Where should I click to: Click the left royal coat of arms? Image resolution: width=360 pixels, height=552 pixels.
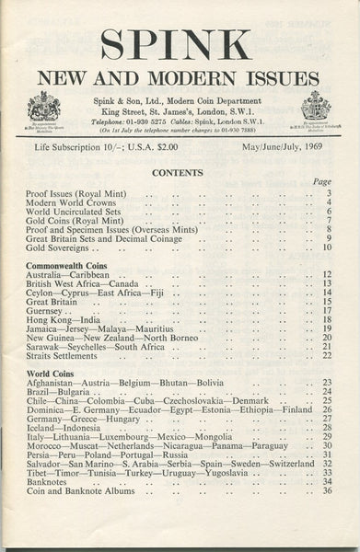pyautogui.click(x=43, y=109)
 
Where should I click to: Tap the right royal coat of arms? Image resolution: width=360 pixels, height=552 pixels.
pyautogui.click(x=316, y=109)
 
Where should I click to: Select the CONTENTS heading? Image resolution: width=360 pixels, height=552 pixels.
pyautogui.click(x=180, y=172)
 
